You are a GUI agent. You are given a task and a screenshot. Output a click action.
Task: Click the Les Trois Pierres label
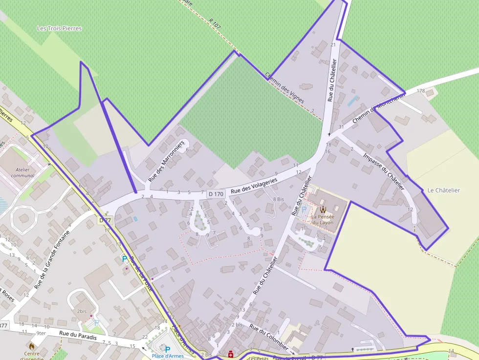pos(60,28)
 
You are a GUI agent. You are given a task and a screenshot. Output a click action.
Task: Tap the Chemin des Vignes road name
pos(284,87)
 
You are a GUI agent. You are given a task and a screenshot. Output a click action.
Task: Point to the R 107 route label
pos(215,23)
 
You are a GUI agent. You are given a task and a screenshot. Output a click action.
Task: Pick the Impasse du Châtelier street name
pos(384,171)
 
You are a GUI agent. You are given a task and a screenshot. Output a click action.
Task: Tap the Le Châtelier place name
pos(443,190)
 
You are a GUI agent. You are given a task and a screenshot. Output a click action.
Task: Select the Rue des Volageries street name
pos(254,186)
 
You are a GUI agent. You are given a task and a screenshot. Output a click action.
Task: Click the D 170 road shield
pos(216,194)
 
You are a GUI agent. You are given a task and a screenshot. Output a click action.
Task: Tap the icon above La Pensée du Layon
pos(323,209)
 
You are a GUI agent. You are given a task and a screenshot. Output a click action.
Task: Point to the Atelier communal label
pos(22,172)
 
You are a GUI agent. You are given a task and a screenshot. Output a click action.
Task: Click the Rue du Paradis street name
pos(78,337)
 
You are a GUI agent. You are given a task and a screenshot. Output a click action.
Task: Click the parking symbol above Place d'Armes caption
pos(168,349)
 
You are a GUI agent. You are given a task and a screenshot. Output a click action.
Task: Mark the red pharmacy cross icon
pos(230,355)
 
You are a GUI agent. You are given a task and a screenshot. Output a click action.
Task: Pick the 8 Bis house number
pos(278,199)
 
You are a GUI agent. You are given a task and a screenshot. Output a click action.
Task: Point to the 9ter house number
pos(41,333)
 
